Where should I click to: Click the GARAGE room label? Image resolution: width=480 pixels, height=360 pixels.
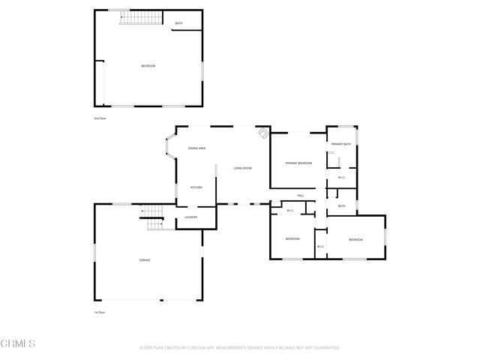click(144, 260)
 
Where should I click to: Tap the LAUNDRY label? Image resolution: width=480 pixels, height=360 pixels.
click(191, 217)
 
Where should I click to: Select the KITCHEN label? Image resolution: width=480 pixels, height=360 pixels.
click(196, 187)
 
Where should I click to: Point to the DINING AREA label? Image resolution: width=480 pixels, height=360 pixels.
click(197, 148)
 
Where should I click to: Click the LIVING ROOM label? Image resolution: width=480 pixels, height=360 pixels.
click(241, 168)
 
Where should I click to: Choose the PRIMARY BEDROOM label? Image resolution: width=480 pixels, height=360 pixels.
click(298, 163)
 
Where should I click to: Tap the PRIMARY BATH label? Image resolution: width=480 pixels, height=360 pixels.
click(341, 143)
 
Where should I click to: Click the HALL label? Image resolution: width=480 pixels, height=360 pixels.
click(300, 196)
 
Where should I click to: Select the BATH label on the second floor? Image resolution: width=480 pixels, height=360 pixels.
click(178, 23)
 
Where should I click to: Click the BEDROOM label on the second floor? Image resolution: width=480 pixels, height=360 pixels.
click(148, 67)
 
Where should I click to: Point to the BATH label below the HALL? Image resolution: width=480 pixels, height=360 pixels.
click(341, 206)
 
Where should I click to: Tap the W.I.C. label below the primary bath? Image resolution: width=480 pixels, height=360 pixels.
click(341, 178)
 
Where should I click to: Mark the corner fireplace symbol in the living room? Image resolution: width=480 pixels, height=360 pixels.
click(262, 133)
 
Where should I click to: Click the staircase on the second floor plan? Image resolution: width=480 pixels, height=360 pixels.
click(136, 17)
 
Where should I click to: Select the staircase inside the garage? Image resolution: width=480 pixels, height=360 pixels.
click(154, 219)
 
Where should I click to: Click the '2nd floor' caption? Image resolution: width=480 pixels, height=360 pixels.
click(98, 118)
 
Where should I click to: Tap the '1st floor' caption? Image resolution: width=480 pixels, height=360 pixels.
click(98, 312)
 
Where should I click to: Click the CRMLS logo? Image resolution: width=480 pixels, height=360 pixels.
click(19, 344)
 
